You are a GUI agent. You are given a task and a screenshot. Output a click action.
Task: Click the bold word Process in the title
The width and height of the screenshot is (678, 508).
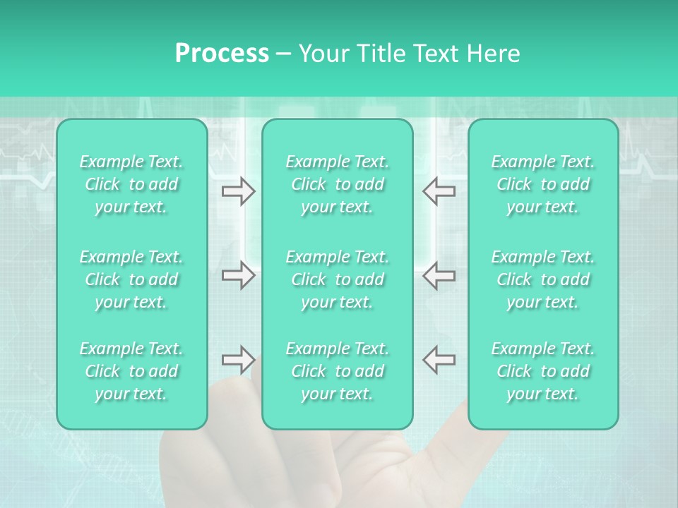click(222, 54)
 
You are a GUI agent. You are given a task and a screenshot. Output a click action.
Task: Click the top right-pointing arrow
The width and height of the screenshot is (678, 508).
click(238, 190)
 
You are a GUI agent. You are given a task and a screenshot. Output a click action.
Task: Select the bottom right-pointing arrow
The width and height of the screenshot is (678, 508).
click(238, 359)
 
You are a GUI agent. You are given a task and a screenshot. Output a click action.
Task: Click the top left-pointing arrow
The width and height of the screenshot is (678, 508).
click(439, 190)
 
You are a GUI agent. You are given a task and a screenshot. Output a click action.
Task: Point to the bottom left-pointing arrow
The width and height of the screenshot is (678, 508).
click(439, 359)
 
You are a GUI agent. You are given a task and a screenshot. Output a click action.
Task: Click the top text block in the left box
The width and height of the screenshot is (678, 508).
click(131, 184)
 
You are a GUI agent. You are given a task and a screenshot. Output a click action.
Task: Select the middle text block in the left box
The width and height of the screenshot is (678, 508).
click(131, 279)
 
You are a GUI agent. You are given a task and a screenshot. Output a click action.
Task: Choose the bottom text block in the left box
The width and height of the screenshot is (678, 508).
click(131, 371)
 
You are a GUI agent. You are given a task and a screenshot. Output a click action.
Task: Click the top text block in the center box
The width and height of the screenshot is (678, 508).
click(338, 184)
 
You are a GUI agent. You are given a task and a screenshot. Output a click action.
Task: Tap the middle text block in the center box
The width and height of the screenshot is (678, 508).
click(338, 279)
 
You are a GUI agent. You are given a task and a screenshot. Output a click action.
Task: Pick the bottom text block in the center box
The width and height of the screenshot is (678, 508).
click(338, 371)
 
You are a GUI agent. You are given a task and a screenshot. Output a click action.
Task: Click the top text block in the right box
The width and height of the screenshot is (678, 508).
click(543, 184)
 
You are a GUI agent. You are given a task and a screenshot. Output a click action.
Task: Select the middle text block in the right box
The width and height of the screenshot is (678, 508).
click(543, 279)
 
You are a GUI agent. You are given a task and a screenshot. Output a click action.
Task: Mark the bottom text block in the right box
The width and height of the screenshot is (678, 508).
click(543, 371)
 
